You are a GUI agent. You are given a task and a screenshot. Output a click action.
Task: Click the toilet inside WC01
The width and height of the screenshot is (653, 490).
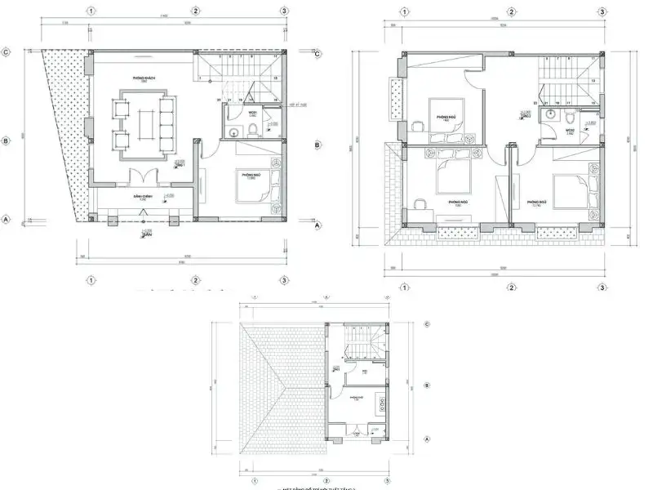point(253,131)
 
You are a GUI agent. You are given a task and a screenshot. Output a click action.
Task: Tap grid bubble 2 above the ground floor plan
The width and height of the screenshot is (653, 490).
point(196,11)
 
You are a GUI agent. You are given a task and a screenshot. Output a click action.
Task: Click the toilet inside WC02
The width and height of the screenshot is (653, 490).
point(570,118)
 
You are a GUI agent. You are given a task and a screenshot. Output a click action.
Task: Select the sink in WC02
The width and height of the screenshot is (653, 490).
point(553,114)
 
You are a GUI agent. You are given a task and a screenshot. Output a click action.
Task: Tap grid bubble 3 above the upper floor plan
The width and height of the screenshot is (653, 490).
point(602,11)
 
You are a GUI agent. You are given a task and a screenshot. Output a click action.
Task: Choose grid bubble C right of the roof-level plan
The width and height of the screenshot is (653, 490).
point(429,324)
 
